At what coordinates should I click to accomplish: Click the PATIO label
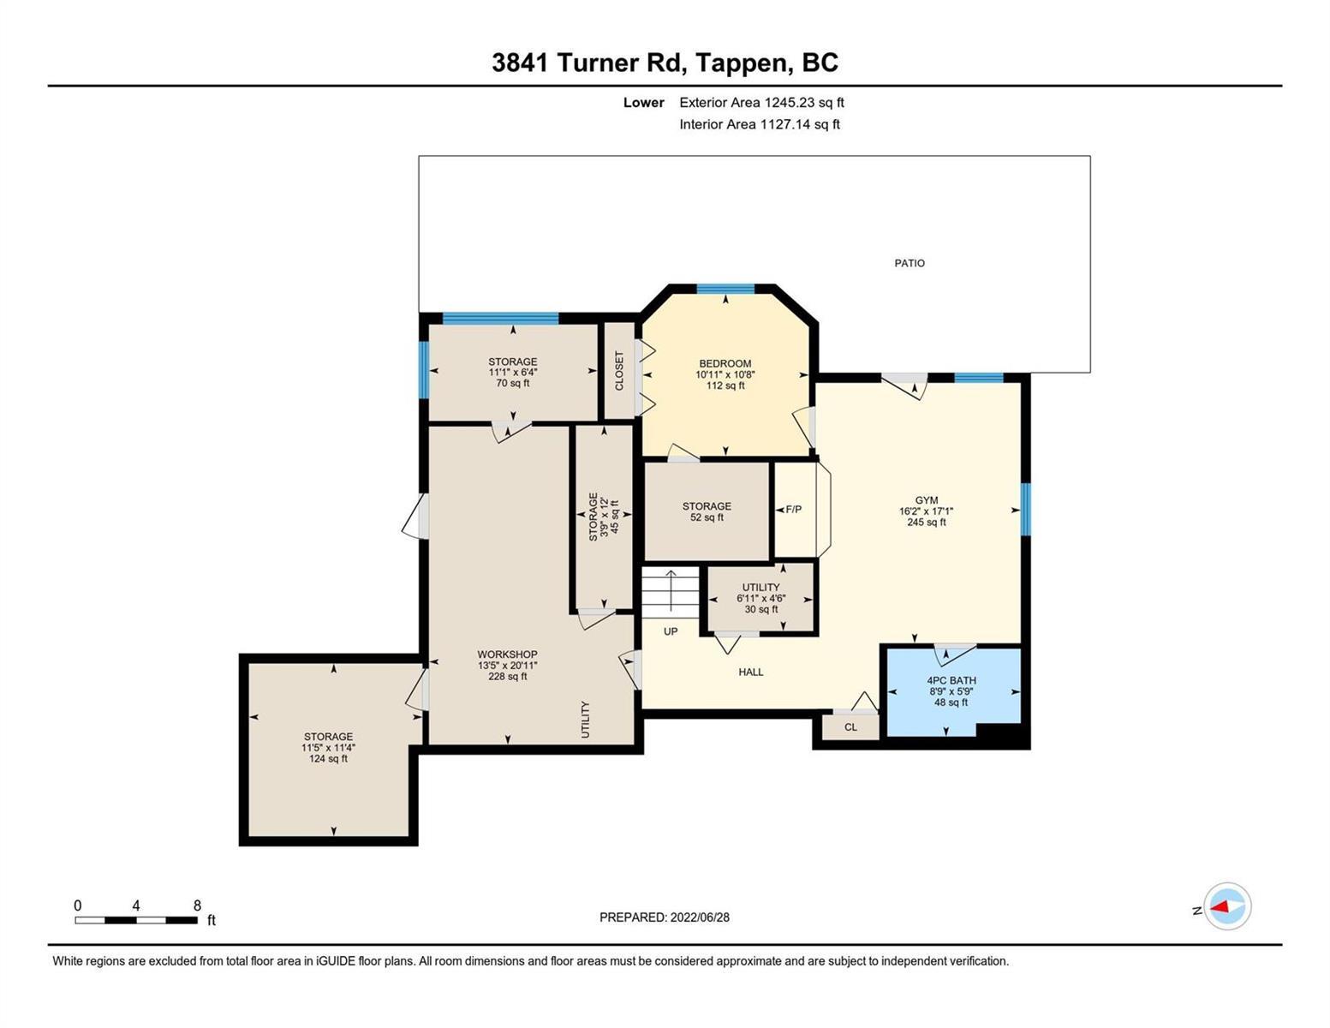pyautogui.click(x=909, y=263)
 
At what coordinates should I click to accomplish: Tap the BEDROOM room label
pyautogui.click(x=725, y=364)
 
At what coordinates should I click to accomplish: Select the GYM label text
pyautogui.click(x=926, y=500)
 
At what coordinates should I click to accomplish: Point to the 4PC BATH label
pyautogui.click(x=951, y=680)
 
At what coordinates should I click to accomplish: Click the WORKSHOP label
pyautogui.click(x=507, y=654)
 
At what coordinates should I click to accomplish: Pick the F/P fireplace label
pyautogui.click(x=793, y=510)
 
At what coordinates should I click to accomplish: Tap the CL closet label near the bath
pyautogui.click(x=850, y=727)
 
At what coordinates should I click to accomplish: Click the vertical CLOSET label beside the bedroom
pyautogui.click(x=619, y=370)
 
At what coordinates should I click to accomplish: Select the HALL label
pyautogui.click(x=750, y=672)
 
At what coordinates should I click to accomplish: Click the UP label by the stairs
pyautogui.click(x=671, y=631)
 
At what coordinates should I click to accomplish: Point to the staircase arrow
pyautogui.click(x=671, y=591)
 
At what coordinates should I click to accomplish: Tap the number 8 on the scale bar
pyautogui.click(x=197, y=905)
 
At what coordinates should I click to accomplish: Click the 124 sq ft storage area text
pyautogui.click(x=328, y=759)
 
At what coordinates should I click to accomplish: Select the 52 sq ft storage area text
pyautogui.click(x=707, y=517)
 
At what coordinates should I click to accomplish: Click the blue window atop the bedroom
pyautogui.click(x=725, y=290)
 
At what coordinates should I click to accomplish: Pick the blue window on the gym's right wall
pyautogui.click(x=1025, y=510)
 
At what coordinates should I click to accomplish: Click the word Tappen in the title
pyautogui.click(x=741, y=63)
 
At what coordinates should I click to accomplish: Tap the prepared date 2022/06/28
pyautogui.click(x=700, y=917)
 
